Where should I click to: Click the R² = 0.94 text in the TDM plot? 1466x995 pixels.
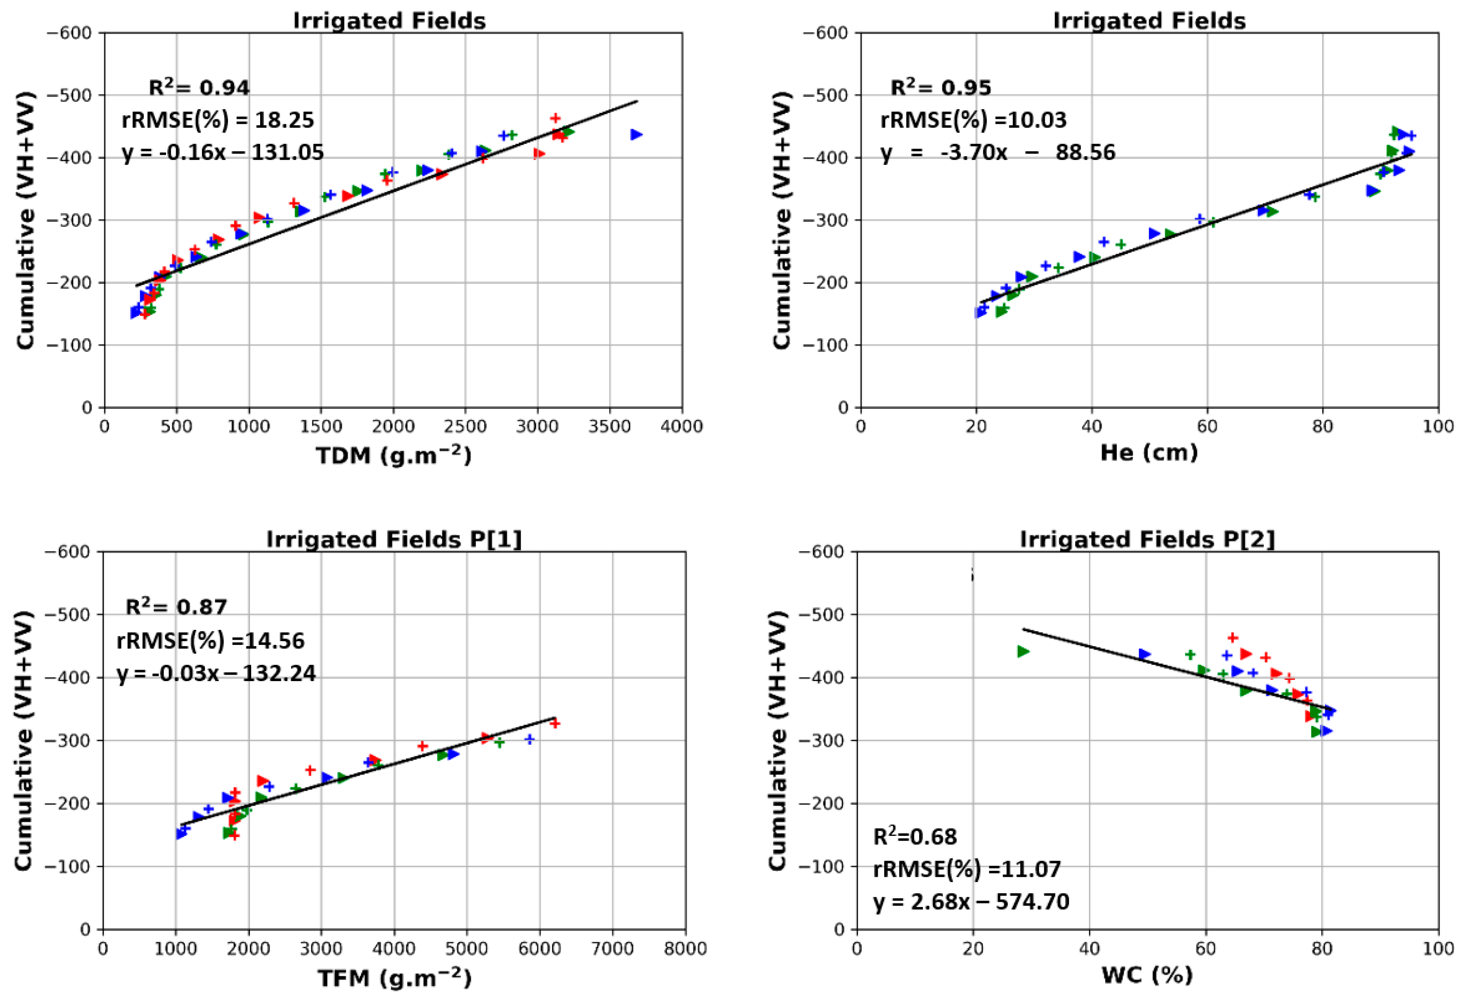[x=199, y=88]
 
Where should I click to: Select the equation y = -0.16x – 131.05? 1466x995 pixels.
[x=223, y=153]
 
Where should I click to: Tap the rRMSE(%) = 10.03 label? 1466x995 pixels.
[x=973, y=120]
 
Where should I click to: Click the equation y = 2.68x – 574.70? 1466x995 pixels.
[x=971, y=902]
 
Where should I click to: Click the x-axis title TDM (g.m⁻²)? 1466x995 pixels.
[x=394, y=455]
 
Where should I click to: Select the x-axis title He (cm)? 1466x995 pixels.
[x=1149, y=452]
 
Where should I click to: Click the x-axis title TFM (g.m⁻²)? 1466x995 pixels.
[x=394, y=978]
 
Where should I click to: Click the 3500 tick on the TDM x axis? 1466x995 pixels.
[x=609, y=427]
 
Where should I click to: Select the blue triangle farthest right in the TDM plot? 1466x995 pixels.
[x=636, y=134]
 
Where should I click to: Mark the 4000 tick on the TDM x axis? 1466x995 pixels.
[x=681, y=427]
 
